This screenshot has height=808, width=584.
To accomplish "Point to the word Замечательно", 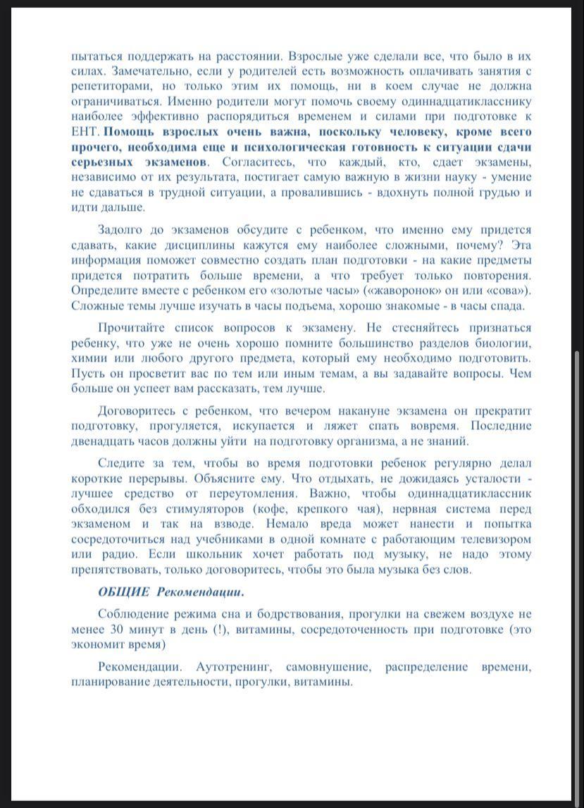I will pos(138,71).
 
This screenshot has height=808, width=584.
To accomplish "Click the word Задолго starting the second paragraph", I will pos(120,230).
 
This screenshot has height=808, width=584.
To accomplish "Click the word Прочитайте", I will pos(132,329).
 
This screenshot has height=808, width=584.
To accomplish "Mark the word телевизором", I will pos(490,539).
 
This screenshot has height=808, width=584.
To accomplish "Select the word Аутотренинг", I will pos(228,666).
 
